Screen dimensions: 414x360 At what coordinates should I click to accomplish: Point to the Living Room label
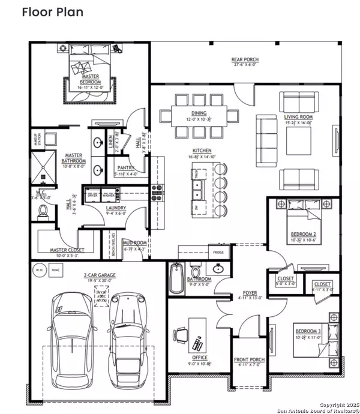(298, 119)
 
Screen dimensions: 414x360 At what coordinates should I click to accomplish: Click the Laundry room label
(116, 209)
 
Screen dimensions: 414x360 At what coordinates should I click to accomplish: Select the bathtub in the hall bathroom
(176, 278)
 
